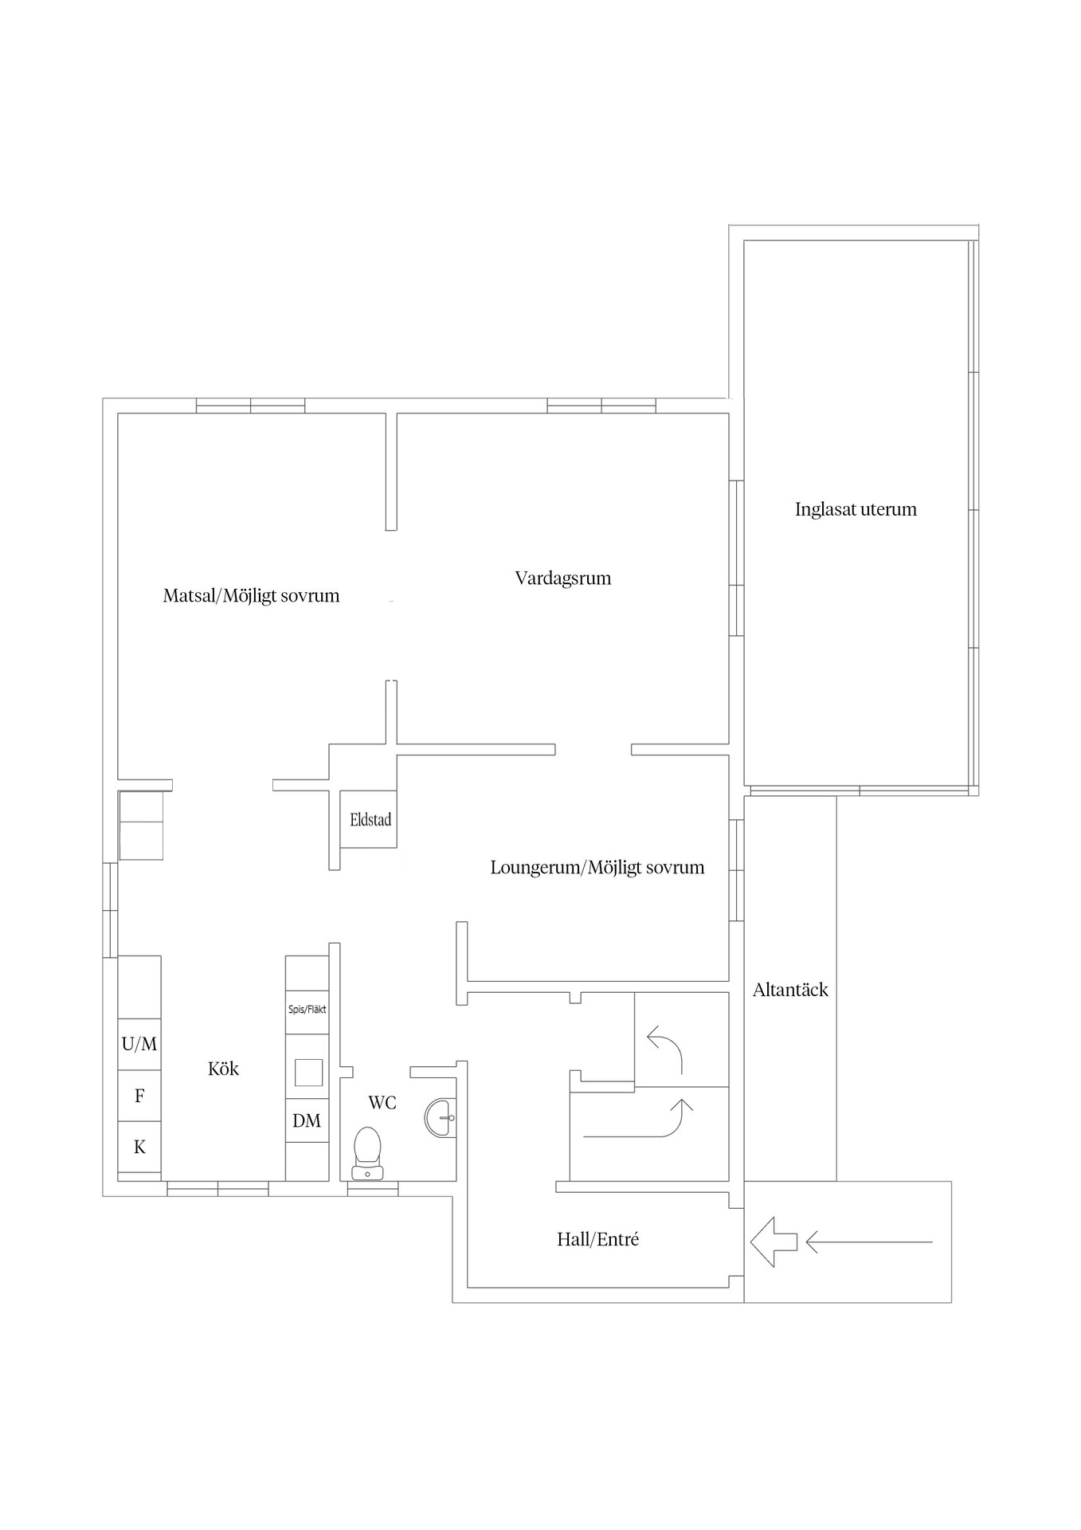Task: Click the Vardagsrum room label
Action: point(563,579)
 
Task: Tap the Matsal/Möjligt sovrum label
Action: point(251,596)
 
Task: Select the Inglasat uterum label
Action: point(856,509)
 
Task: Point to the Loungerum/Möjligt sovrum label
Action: point(597,868)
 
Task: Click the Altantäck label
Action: point(790,990)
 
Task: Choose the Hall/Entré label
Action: point(597,1239)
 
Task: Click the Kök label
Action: point(223,1069)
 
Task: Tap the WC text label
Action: point(382,1103)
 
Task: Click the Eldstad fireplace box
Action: point(369,819)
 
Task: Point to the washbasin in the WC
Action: point(441,1117)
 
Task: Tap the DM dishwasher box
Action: point(307,1120)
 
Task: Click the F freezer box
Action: point(139,1096)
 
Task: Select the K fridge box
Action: point(139,1147)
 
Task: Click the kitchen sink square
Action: point(308,1073)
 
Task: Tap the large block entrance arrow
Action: point(773,1242)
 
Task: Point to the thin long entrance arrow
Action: point(869,1242)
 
